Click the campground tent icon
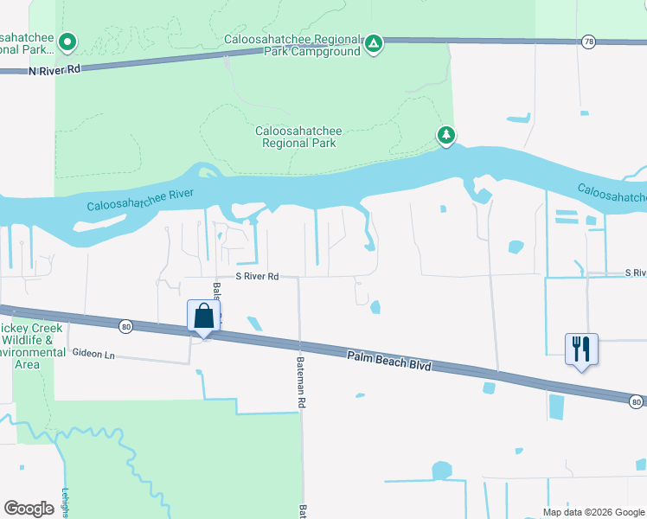[x=374, y=43]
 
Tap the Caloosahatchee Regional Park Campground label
[x=291, y=44]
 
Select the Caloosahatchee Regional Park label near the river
[x=298, y=137]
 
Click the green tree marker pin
[x=445, y=135]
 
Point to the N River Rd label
[x=54, y=71]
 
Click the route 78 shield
[x=588, y=42]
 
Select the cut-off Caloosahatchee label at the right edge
[x=611, y=193]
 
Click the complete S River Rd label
[x=258, y=277]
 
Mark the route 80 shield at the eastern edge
[x=636, y=401]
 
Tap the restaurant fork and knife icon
[x=580, y=349]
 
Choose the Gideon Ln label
[x=93, y=354]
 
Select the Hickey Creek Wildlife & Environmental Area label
[x=29, y=346]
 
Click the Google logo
[x=29, y=508]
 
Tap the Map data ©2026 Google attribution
[x=593, y=511]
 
